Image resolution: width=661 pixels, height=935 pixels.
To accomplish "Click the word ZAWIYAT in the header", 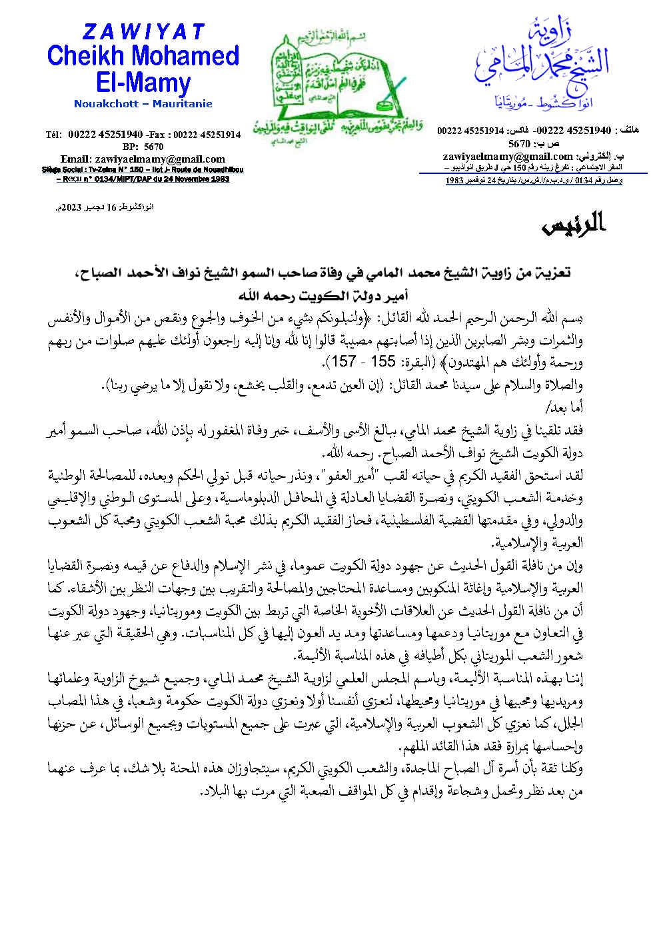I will (x=143, y=31).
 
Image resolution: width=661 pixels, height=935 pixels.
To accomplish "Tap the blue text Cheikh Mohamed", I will (x=143, y=56).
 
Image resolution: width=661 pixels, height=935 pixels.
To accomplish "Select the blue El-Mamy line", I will (x=143, y=83).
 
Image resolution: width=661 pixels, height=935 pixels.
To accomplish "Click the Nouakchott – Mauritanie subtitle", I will (x=143, y=104).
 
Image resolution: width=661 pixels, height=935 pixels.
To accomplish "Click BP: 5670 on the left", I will (x=143, y=147).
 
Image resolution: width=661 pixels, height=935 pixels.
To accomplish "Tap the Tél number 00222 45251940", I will (x=105, y=135).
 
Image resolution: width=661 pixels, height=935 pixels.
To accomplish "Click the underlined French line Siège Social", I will (x=143, y=170).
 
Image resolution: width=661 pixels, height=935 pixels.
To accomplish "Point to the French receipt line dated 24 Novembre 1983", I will (x=143, y=179).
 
